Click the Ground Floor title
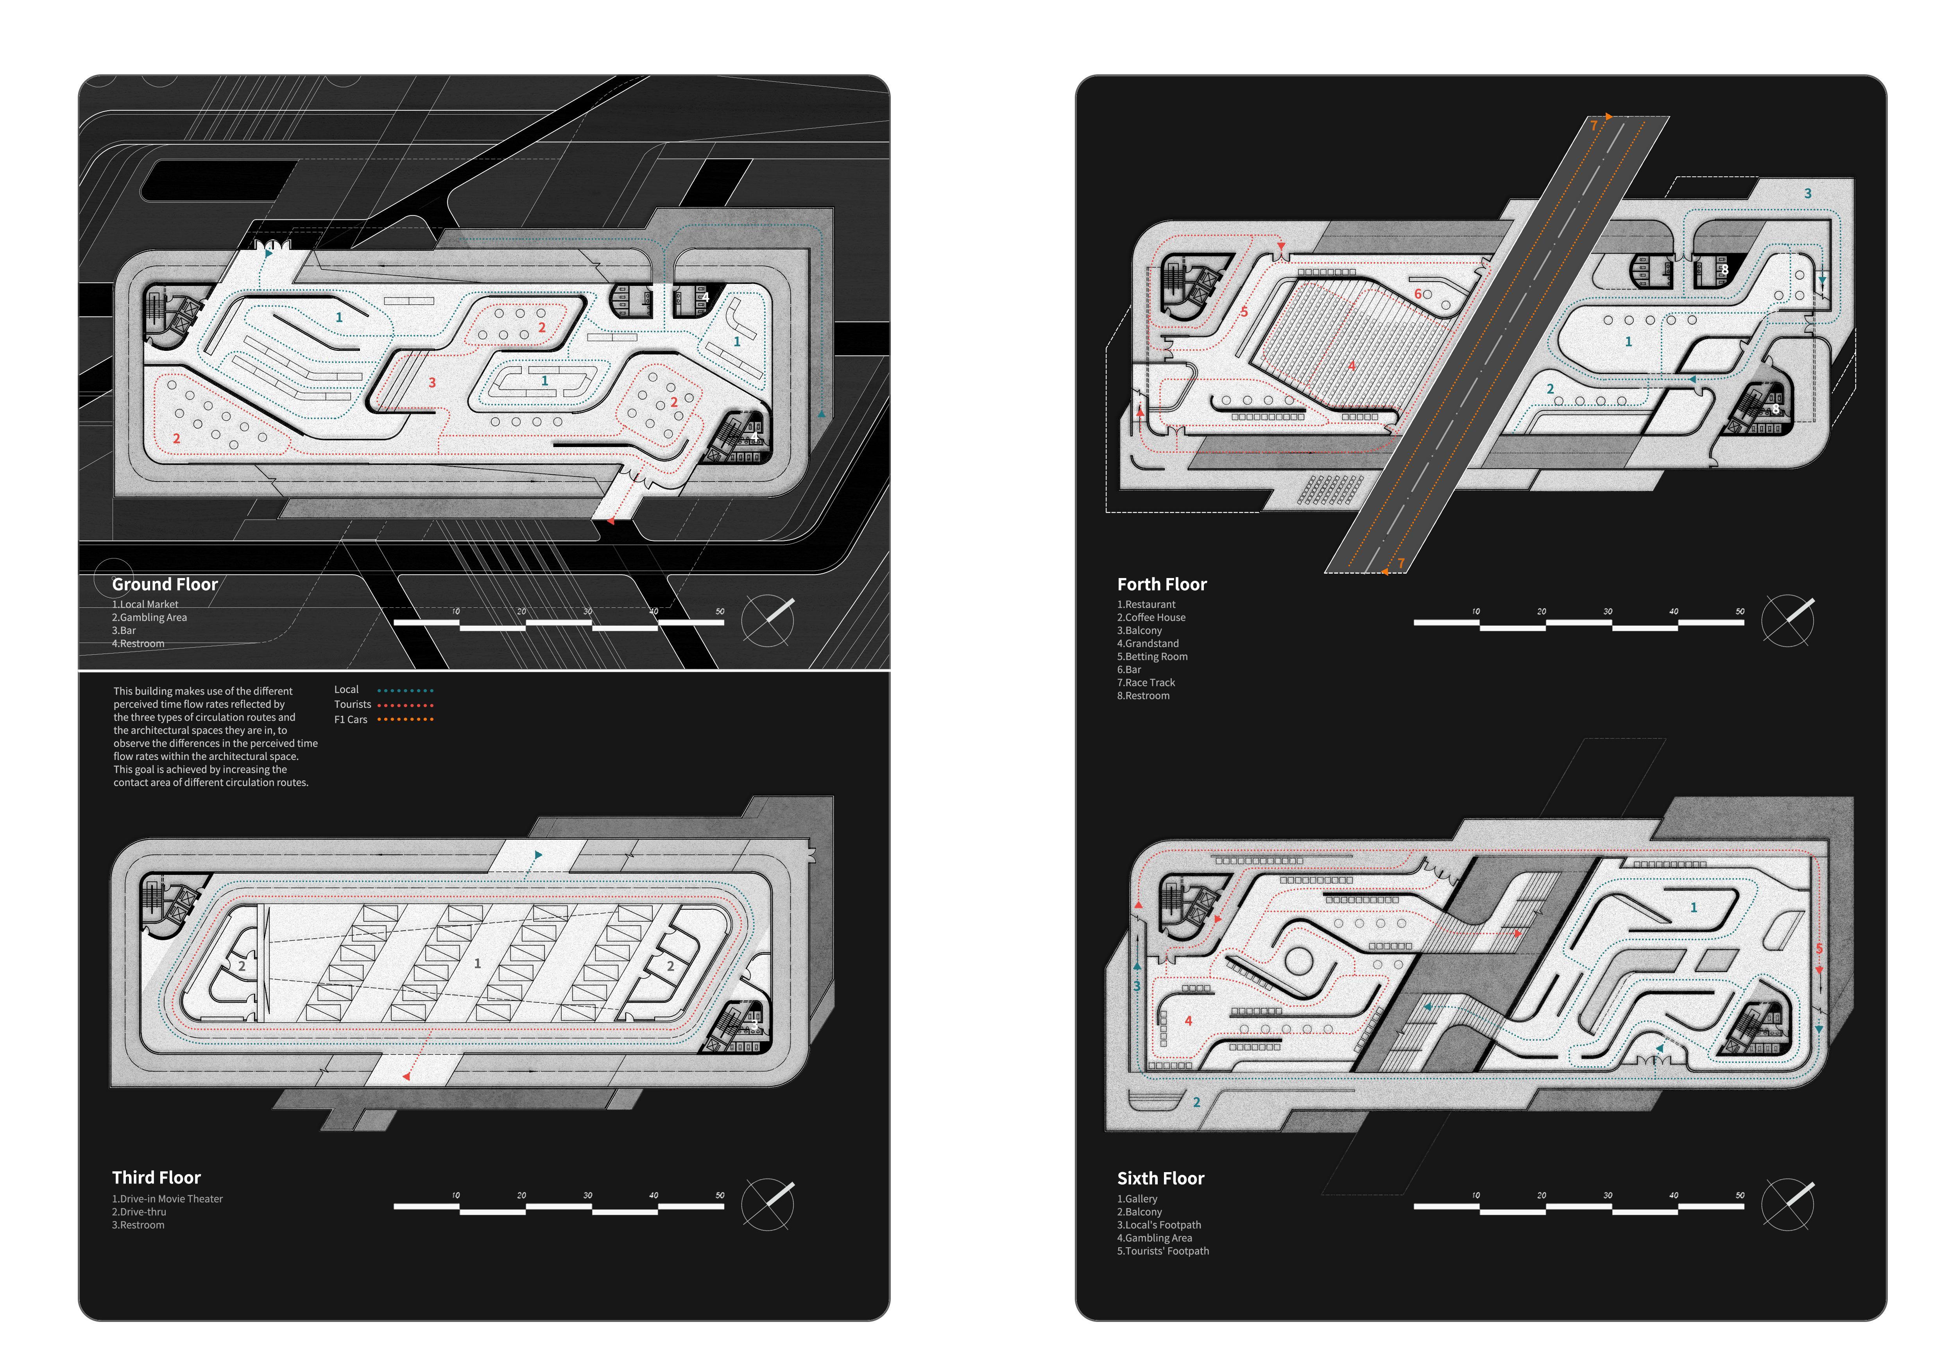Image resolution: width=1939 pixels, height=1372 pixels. click(x=165, y=585)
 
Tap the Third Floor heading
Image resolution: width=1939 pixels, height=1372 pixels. click(x=156, y=1178)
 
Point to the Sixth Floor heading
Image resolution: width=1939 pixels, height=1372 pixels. click(x=1160, y=1178)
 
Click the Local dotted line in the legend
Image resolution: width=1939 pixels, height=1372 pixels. click(x=405, y=690)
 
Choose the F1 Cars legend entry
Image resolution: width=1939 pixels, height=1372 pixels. click(x=351, y=720)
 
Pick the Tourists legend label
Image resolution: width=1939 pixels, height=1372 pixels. click(x=352, y=705)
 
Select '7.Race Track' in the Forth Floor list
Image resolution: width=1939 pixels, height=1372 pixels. click(x=1146, y=682)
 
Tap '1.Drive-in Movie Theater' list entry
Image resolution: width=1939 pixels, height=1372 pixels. click(x=167, y=1199)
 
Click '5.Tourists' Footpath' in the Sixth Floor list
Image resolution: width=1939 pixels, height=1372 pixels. click(x=1163, y=1251)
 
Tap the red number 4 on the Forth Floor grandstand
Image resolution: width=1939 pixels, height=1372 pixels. click(x=1351, y=366)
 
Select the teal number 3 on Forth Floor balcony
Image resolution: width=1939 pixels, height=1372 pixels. click(x=1807, y=194)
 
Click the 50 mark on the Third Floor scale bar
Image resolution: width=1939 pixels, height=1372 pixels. click(x=720, y=1196)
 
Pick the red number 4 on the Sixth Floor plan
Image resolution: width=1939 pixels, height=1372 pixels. click(x=1188, y=1020)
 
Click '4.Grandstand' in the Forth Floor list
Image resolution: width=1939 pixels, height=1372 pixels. click(x=1148, y=644)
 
